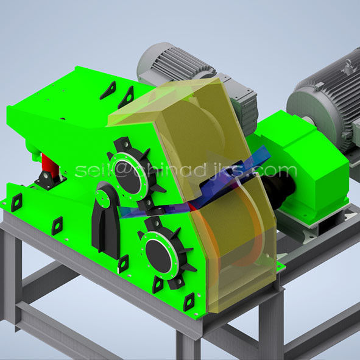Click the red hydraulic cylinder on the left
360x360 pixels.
click(x=49, y=166)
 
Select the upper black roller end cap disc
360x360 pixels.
click(x=129, y=177)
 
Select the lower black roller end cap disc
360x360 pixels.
click(x=158, y=256)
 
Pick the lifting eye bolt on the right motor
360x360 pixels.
click(x=348, y=65)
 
